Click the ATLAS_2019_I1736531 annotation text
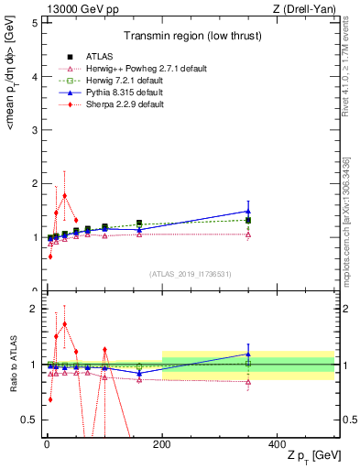tap(189, 274)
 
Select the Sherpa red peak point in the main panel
tap(64, 195)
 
